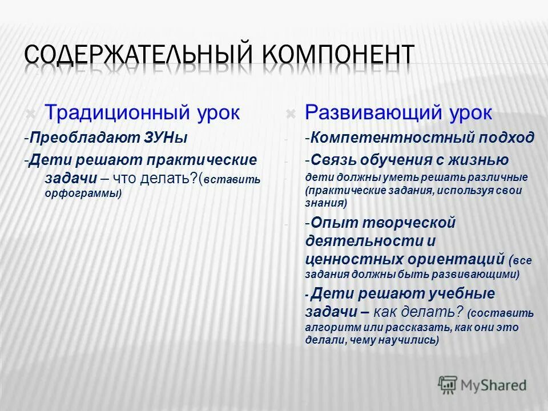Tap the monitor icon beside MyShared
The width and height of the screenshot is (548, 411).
pos(448,384)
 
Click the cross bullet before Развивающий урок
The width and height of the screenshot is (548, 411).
pos(290,114)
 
